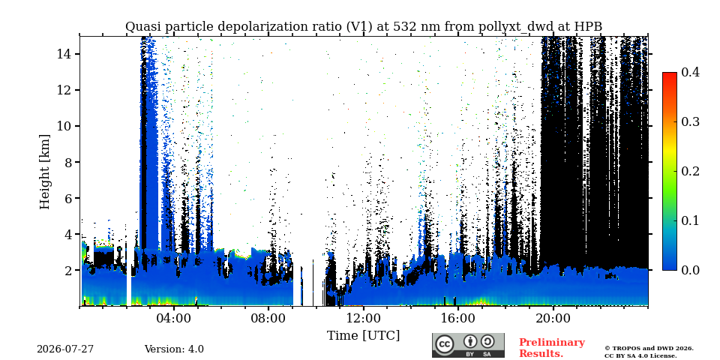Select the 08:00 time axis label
[268, 318]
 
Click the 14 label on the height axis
[63, 54]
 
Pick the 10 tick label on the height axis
[63, 126]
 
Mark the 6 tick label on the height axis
[67, 198]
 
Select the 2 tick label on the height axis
[67, 270]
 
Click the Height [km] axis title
[44, 172]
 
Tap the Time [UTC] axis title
[363, 335]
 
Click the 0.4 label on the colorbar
[690, 72]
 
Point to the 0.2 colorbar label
[690, 171]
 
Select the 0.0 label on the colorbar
[690, 270]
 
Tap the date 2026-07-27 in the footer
[65, 349]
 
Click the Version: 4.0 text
[174, 349]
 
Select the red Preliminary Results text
[552, 347]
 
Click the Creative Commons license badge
[468, 345]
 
